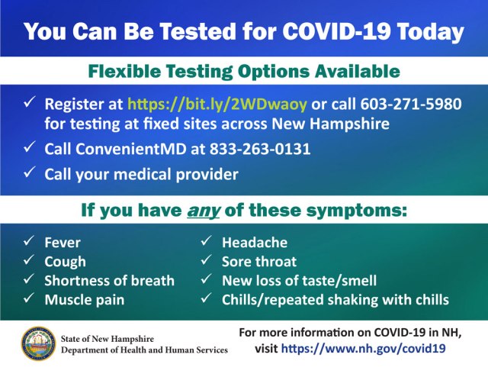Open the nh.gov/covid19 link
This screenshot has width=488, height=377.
coord(363,348)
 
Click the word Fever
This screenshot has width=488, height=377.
coord(63,243)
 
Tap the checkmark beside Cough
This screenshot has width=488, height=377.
coord(28,261)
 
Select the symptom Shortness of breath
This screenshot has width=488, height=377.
coord(110,280)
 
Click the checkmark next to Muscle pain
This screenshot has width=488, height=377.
coord(28,298)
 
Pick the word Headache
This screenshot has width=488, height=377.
coord(255,243)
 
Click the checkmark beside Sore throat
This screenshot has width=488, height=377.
coord(206,261)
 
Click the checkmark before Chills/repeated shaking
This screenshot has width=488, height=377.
coord(206,298)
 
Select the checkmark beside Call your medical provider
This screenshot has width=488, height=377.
coord(29,174)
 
